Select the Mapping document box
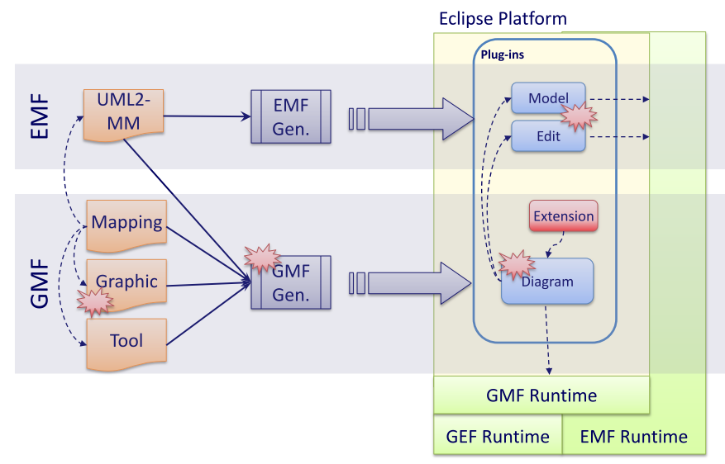tap(126, 223)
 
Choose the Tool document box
tap(126, 340)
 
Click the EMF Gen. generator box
tap(291, 116)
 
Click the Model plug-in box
tap(545, 97)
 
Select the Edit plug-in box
tap(548, 136)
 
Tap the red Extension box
tap(563, 216)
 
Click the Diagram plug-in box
tap(547, 282)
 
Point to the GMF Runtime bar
tap(541, 395)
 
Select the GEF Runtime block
tap(498, 437)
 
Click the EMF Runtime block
tap(634, 437)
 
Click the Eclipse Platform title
tap(503, 18)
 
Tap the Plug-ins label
tap(503, 54)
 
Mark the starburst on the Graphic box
tap(94, 301)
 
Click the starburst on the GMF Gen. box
tap(261, 258)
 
